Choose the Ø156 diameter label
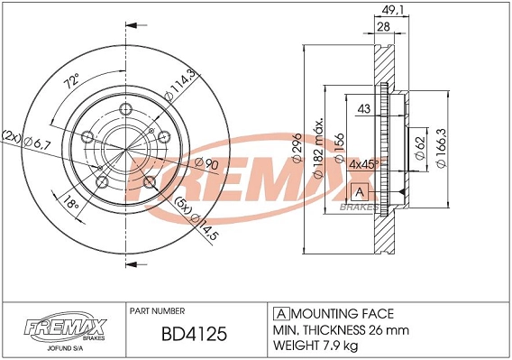click(x=340, y=148)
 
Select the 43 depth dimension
click(x=364, y=109)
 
